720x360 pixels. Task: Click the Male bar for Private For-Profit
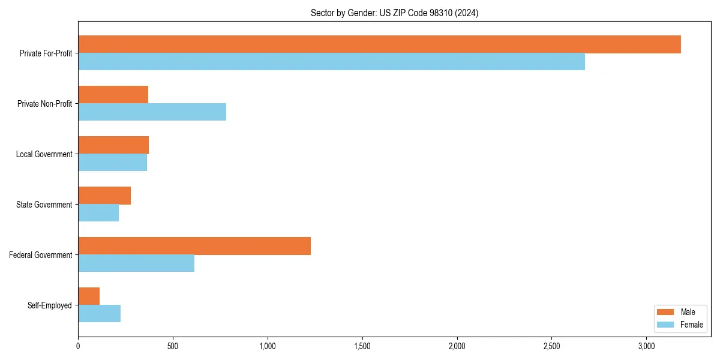(379, 44)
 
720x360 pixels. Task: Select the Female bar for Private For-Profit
(331, 62)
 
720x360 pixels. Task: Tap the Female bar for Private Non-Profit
(152, 112)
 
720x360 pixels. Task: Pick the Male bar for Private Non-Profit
(113, 95)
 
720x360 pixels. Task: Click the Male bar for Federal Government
(194, 246)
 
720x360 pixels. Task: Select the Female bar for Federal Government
(136, 263)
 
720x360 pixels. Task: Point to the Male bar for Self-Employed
(89, 296)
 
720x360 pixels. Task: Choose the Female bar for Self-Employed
(99, 314)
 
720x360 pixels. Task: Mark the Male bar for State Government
(104, 196)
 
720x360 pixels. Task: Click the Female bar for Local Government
(112, 163)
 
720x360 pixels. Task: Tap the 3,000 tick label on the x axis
(646, 346)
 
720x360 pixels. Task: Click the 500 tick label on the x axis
(173, 346)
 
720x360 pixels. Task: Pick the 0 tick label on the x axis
(78, 346)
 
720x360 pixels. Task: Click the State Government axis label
(44, 205)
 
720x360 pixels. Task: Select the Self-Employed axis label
(50, 305)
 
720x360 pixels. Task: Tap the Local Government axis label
(44, 154)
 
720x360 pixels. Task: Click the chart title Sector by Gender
(394, 13)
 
